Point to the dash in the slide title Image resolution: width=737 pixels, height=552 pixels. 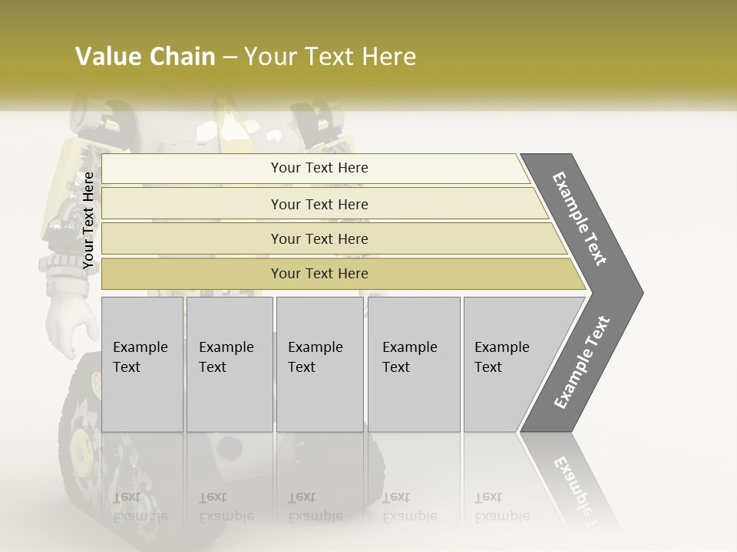[229, 58]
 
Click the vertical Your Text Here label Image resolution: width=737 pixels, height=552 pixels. [88, 221]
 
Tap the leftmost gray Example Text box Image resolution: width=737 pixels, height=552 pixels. [142, 364]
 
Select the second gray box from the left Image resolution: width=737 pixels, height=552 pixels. [230, 364]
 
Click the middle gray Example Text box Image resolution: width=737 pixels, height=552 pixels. [319, 364]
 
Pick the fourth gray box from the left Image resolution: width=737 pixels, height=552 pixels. [414, 364]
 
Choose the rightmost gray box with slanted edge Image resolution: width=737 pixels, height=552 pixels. [507, 364]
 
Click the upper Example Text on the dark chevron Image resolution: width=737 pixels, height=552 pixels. [580, 219]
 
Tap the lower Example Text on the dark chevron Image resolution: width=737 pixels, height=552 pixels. [581, 363]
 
